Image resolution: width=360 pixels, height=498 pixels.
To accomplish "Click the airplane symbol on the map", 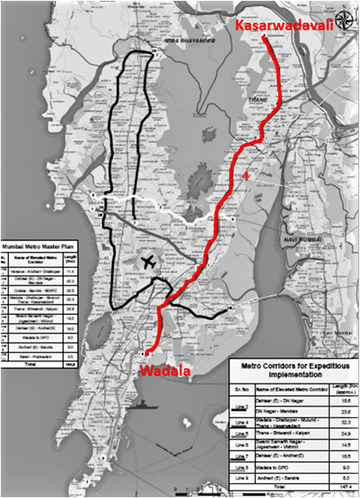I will [x=148, y=262].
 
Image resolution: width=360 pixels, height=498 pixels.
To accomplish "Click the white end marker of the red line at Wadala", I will [x=145, y=354].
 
